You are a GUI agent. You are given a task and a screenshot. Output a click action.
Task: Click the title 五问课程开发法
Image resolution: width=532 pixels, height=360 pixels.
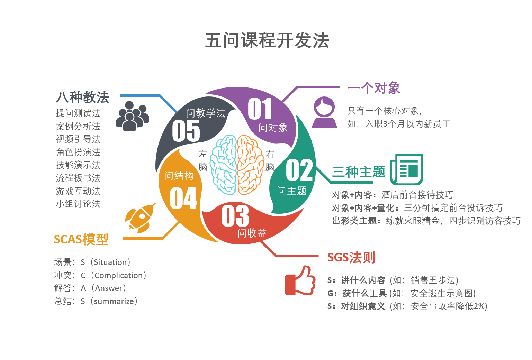click(x=267, y=40)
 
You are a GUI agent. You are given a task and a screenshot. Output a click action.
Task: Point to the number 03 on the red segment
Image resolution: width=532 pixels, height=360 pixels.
click(x=235, y=216)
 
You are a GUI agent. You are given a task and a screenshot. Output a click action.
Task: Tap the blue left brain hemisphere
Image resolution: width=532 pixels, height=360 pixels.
click(x=224, y=165)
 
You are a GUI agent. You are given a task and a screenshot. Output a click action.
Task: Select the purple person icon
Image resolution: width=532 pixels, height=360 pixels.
click(x=324, y=112)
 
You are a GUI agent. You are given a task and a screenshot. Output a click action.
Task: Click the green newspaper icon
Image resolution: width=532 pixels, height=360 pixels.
click(x=407, y=169)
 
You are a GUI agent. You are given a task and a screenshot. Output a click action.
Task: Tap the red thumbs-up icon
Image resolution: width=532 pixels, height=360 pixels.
click(x=300, y=281)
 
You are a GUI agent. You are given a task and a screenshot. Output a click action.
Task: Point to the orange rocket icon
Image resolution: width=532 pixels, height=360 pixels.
click(x=140, y=218)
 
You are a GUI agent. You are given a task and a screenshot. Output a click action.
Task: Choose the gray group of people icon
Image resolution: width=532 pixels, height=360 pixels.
click(x=132, y=116)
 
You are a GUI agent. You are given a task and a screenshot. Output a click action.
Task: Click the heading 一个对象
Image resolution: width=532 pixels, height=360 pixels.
click(x=374, y=88)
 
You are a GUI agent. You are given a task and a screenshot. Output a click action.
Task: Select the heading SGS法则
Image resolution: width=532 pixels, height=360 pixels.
click(x=351, y=258)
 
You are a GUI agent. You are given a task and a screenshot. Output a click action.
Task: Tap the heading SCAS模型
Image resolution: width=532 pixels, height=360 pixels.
click(x=81, y=239)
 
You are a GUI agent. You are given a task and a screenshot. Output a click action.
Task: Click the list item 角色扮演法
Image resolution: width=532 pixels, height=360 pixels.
click(x=78, y=152)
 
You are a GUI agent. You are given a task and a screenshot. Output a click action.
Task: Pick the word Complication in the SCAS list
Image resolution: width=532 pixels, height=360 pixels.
click(x=118, y=275)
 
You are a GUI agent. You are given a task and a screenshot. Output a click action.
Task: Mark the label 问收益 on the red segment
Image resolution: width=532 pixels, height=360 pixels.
click(x=252, y=233)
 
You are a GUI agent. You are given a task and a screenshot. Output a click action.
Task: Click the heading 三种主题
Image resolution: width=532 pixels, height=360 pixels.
click(x=359, y=172)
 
